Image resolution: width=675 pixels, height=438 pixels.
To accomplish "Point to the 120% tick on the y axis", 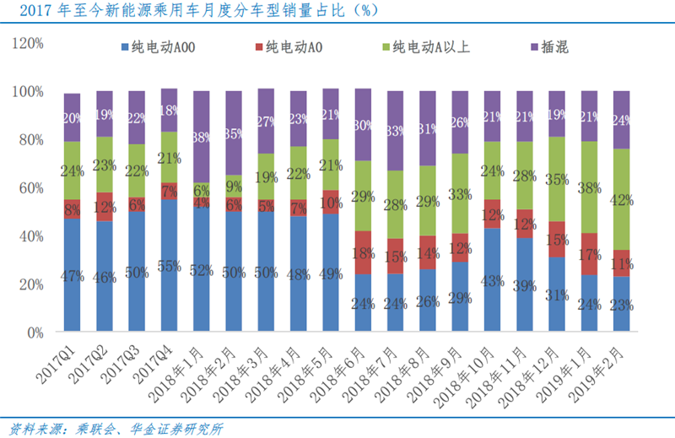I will coord(29,42).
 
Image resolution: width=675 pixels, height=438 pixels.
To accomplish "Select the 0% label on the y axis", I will coord(35,333).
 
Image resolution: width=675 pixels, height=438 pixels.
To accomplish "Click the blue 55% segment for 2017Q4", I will coord(169,266).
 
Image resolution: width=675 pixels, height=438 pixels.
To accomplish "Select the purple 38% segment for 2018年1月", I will coord(201,137).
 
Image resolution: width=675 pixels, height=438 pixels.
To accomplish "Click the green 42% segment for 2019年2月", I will coord(622,199).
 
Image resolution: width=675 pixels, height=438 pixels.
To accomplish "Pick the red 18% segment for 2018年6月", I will coord(364,252).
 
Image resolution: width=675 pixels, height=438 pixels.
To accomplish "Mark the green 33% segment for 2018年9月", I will coord(460,193).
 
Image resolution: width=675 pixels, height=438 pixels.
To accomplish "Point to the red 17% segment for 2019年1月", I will coord(589,253).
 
